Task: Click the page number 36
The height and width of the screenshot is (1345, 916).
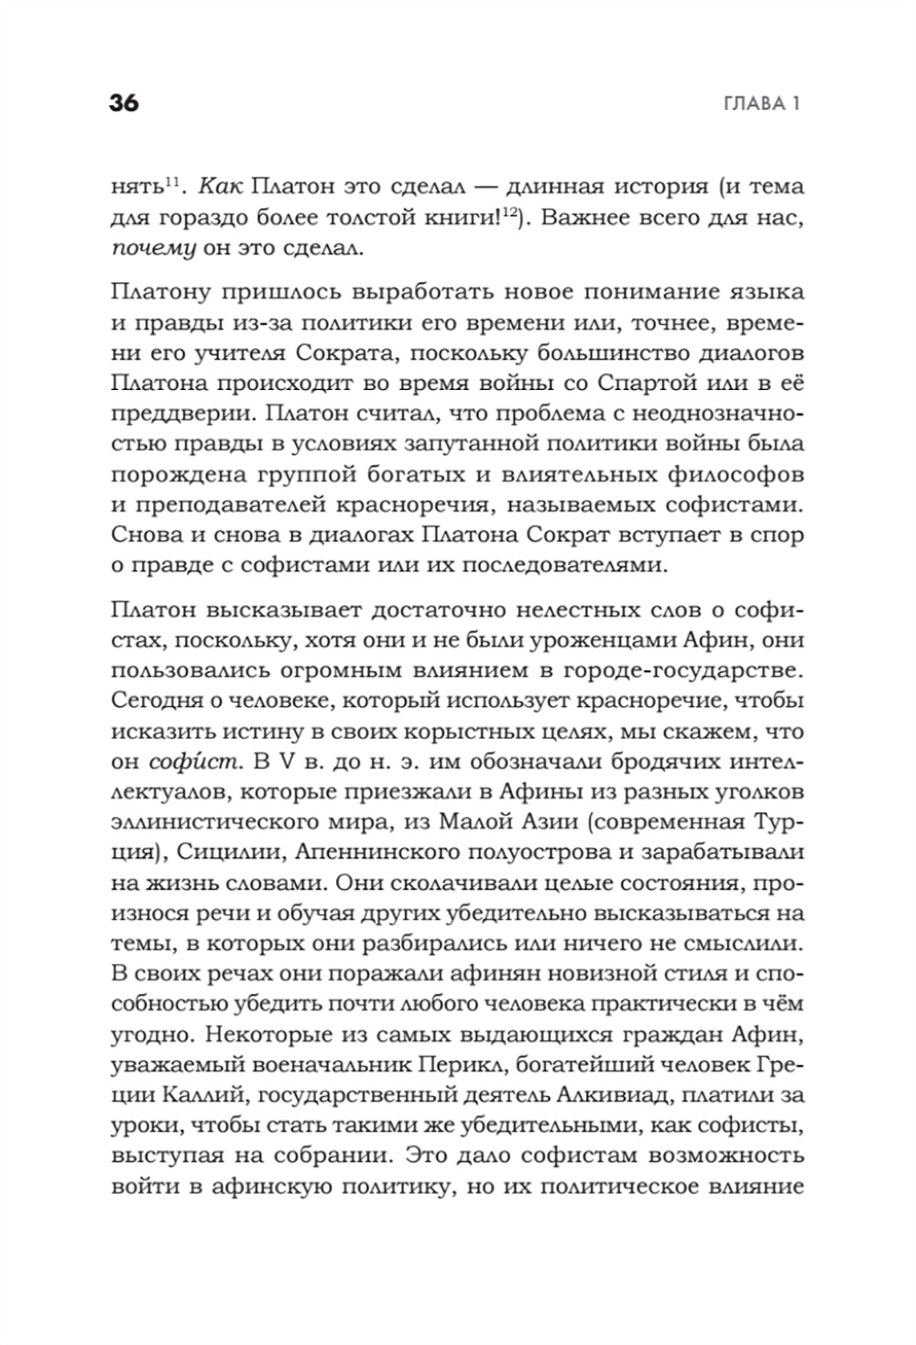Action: (124, 103)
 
